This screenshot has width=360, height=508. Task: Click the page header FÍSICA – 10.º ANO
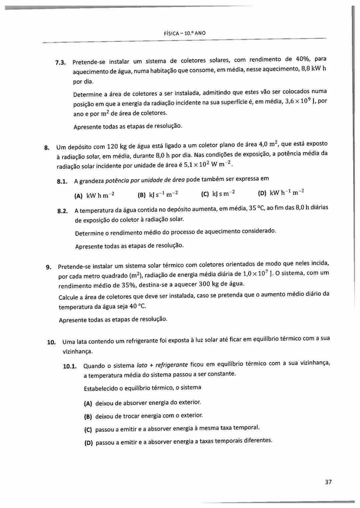tap(185, 33)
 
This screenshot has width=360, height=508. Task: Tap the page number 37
tap(328, 482)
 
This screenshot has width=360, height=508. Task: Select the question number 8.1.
tap(62, 182)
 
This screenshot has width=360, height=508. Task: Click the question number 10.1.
tap(70, 367)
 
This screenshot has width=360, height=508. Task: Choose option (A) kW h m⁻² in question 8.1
tap(94, 196)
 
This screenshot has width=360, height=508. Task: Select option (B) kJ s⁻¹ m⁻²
tap(158, 194)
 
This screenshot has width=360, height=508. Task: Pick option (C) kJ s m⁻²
tap(218, 193)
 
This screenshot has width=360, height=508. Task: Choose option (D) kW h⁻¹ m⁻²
tap(281, 193)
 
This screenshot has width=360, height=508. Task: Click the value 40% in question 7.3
tap(303, 59)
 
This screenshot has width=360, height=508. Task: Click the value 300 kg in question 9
tap(209, 284)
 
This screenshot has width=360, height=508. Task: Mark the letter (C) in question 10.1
tap(88, 430)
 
